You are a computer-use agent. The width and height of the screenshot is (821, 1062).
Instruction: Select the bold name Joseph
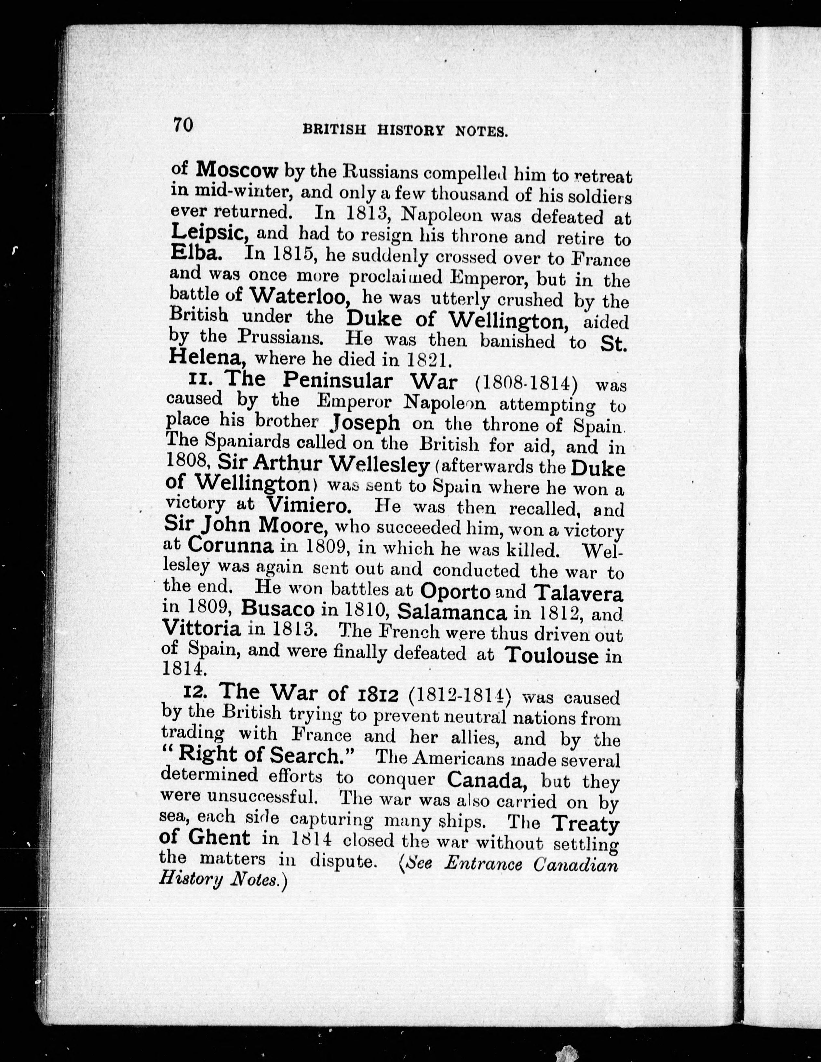(365, 423)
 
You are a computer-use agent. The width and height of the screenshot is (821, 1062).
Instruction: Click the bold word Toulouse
(551, 656)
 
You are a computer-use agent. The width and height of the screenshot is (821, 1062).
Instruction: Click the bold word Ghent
(219, 838)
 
